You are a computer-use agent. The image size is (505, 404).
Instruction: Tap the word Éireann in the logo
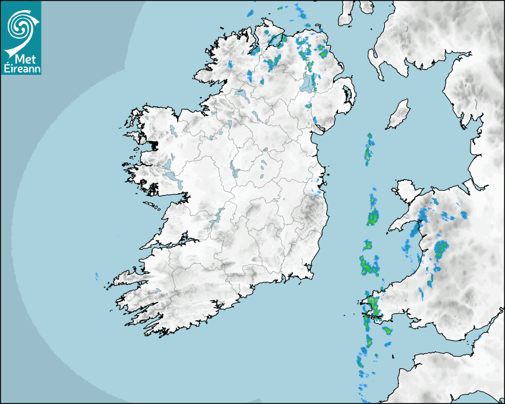(x=21, y=68)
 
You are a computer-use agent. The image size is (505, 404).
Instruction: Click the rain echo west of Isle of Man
(x=369, y=149)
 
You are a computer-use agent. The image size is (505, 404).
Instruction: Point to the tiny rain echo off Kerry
(x=96, y=276)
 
